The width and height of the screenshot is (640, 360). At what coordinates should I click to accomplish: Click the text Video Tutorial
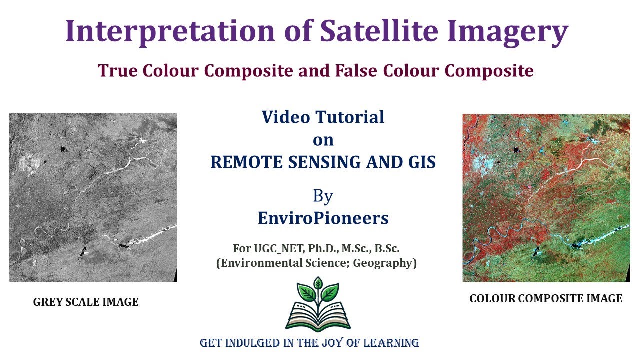pos(323,117)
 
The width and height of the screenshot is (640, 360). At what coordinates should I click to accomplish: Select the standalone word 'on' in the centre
pos(323,140)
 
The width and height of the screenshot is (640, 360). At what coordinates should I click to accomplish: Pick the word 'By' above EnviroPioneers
pos(323,196)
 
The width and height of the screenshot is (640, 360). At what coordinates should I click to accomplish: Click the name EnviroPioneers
pos(323,218)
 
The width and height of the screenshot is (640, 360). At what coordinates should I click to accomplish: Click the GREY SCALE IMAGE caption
pos(86,302)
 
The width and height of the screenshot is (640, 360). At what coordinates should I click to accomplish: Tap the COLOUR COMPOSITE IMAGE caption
pos(546,299)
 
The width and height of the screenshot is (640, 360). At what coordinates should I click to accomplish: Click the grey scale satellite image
pos(93,197)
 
